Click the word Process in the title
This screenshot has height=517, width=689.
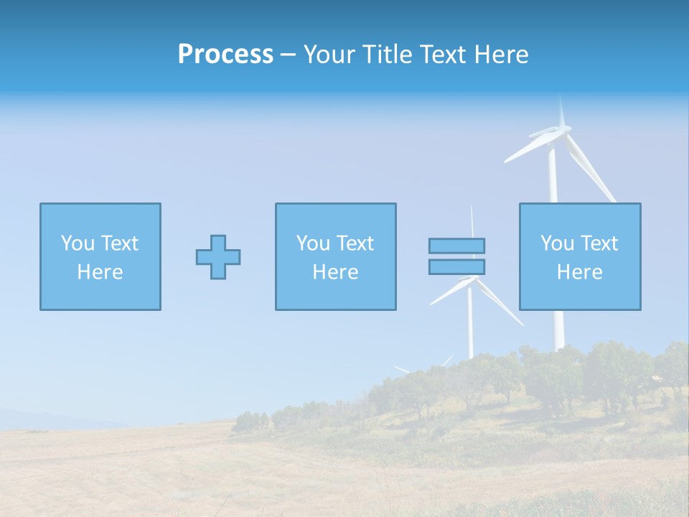click(x=225, y=55)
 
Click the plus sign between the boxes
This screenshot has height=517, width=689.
click(x=218, y=257)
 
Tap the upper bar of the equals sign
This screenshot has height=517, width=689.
click(x=456, y=246)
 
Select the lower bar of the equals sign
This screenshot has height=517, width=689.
click(x=456, y=267)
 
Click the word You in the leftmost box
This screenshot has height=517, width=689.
click(x=78, y=243)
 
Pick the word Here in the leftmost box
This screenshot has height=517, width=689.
click(x=100, y=272)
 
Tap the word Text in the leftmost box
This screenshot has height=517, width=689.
click(x=118, y=243)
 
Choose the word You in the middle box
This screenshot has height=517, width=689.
click(x=313, y=243)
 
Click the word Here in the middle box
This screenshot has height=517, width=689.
click(x=335, y=272)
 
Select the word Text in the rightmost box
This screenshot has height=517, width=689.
click(x=598, y=243)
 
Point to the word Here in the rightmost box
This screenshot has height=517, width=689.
click(x=579, y=272)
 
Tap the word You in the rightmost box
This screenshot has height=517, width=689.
click(x=557, y=243)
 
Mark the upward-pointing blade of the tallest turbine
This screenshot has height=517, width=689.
click(x=561, y=111)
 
